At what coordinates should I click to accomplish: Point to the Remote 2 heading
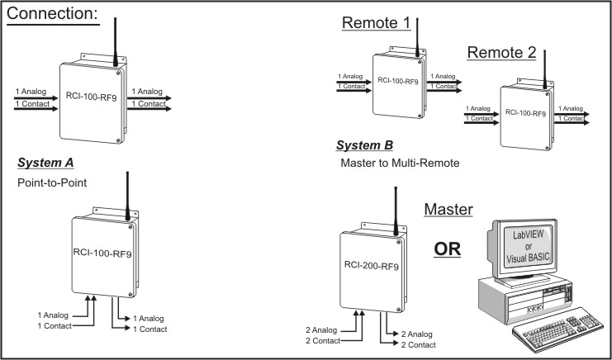[x=501, y=54]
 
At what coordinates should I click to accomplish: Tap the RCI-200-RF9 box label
[x=367, y=267]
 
